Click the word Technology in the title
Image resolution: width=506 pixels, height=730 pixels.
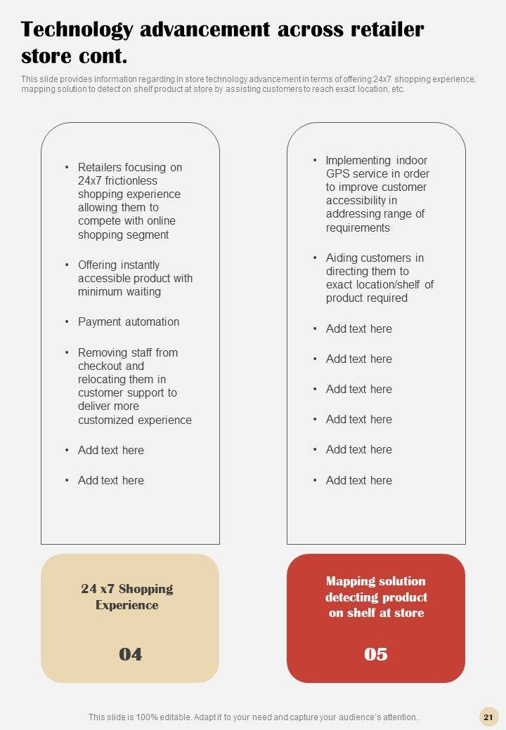click(77, 30)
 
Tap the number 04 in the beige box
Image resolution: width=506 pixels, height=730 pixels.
click(130, 654)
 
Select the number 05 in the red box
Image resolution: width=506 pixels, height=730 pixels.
click(376, 654)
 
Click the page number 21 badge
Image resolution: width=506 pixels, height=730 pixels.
click(488, 717)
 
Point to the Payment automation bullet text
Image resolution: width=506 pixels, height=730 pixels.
click(129, 322)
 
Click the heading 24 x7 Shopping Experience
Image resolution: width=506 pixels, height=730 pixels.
click(127, 597)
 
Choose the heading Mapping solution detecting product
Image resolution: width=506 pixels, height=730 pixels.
click(376, 597)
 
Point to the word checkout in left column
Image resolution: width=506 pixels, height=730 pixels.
click(101, 366)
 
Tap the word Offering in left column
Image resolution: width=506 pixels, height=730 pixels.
click(98, 265)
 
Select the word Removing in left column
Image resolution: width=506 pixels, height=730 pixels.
click(101, 352)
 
